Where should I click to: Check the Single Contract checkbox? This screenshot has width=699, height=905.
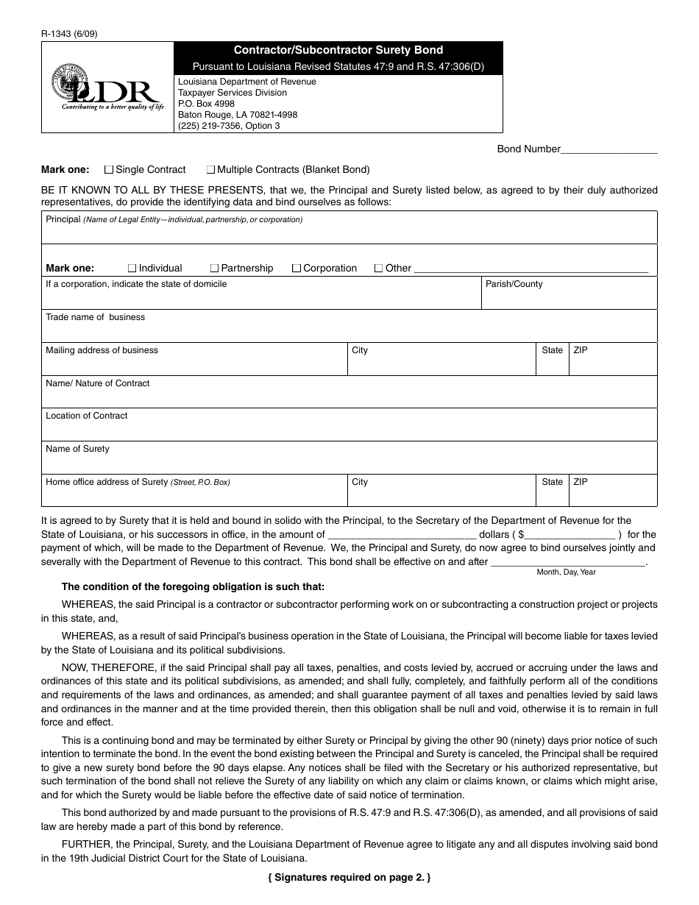(x=110, y=169)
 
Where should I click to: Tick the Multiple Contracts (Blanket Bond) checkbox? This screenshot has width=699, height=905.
(x=210, y=169)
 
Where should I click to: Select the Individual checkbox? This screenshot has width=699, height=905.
(x=132, y=269)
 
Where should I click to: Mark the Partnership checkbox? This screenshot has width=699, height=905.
(x=215, y=269)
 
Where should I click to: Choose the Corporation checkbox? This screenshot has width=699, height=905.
(x=297, y=269)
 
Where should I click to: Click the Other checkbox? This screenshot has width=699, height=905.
(x=379, y=269)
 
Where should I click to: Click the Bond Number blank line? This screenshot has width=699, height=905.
(x=609, y=150)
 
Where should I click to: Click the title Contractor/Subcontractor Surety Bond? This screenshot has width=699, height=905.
(x=338, y=50)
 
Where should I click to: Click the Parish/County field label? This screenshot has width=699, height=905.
(x=514, y=284)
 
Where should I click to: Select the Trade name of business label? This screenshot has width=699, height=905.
(x=95, y=317)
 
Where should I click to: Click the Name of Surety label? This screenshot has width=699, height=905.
(x=77, y=449)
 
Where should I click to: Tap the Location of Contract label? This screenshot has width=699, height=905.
(x=86, y=416)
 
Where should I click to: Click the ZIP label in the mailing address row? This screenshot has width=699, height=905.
(x=581, y=350)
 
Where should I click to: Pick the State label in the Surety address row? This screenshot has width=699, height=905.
(x=552, y=482)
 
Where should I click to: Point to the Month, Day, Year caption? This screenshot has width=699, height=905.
(x=566, y=572)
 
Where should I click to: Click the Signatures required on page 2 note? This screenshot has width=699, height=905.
(x=349, y=877)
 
